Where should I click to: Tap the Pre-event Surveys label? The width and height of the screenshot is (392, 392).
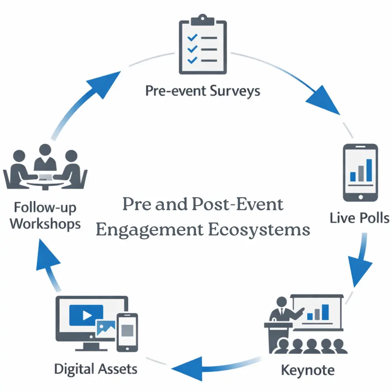tap(203, 91)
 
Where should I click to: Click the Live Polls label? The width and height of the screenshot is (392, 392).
tap(359, 218)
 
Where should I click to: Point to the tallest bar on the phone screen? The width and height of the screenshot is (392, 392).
tap(369, 170)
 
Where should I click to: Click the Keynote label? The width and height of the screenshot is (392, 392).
tap(307, 370)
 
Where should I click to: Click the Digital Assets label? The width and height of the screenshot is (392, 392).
tap(96, 369)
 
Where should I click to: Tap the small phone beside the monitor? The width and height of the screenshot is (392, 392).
tap(127, 332)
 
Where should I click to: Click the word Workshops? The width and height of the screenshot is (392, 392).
tap(45, 224)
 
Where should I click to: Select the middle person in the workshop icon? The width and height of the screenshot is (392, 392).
tap(45, 157)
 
